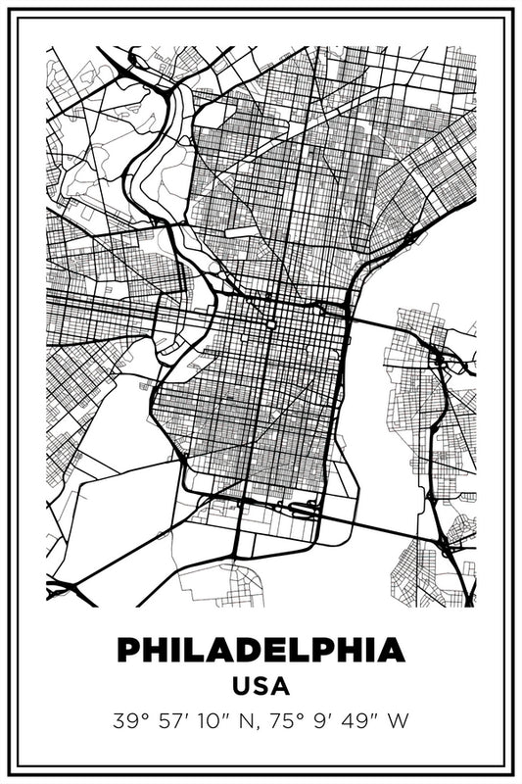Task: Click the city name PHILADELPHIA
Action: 261,650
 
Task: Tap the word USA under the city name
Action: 261,685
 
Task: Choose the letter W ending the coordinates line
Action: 398,722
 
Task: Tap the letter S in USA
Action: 261,685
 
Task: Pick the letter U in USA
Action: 241,685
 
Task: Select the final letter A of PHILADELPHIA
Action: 390,650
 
